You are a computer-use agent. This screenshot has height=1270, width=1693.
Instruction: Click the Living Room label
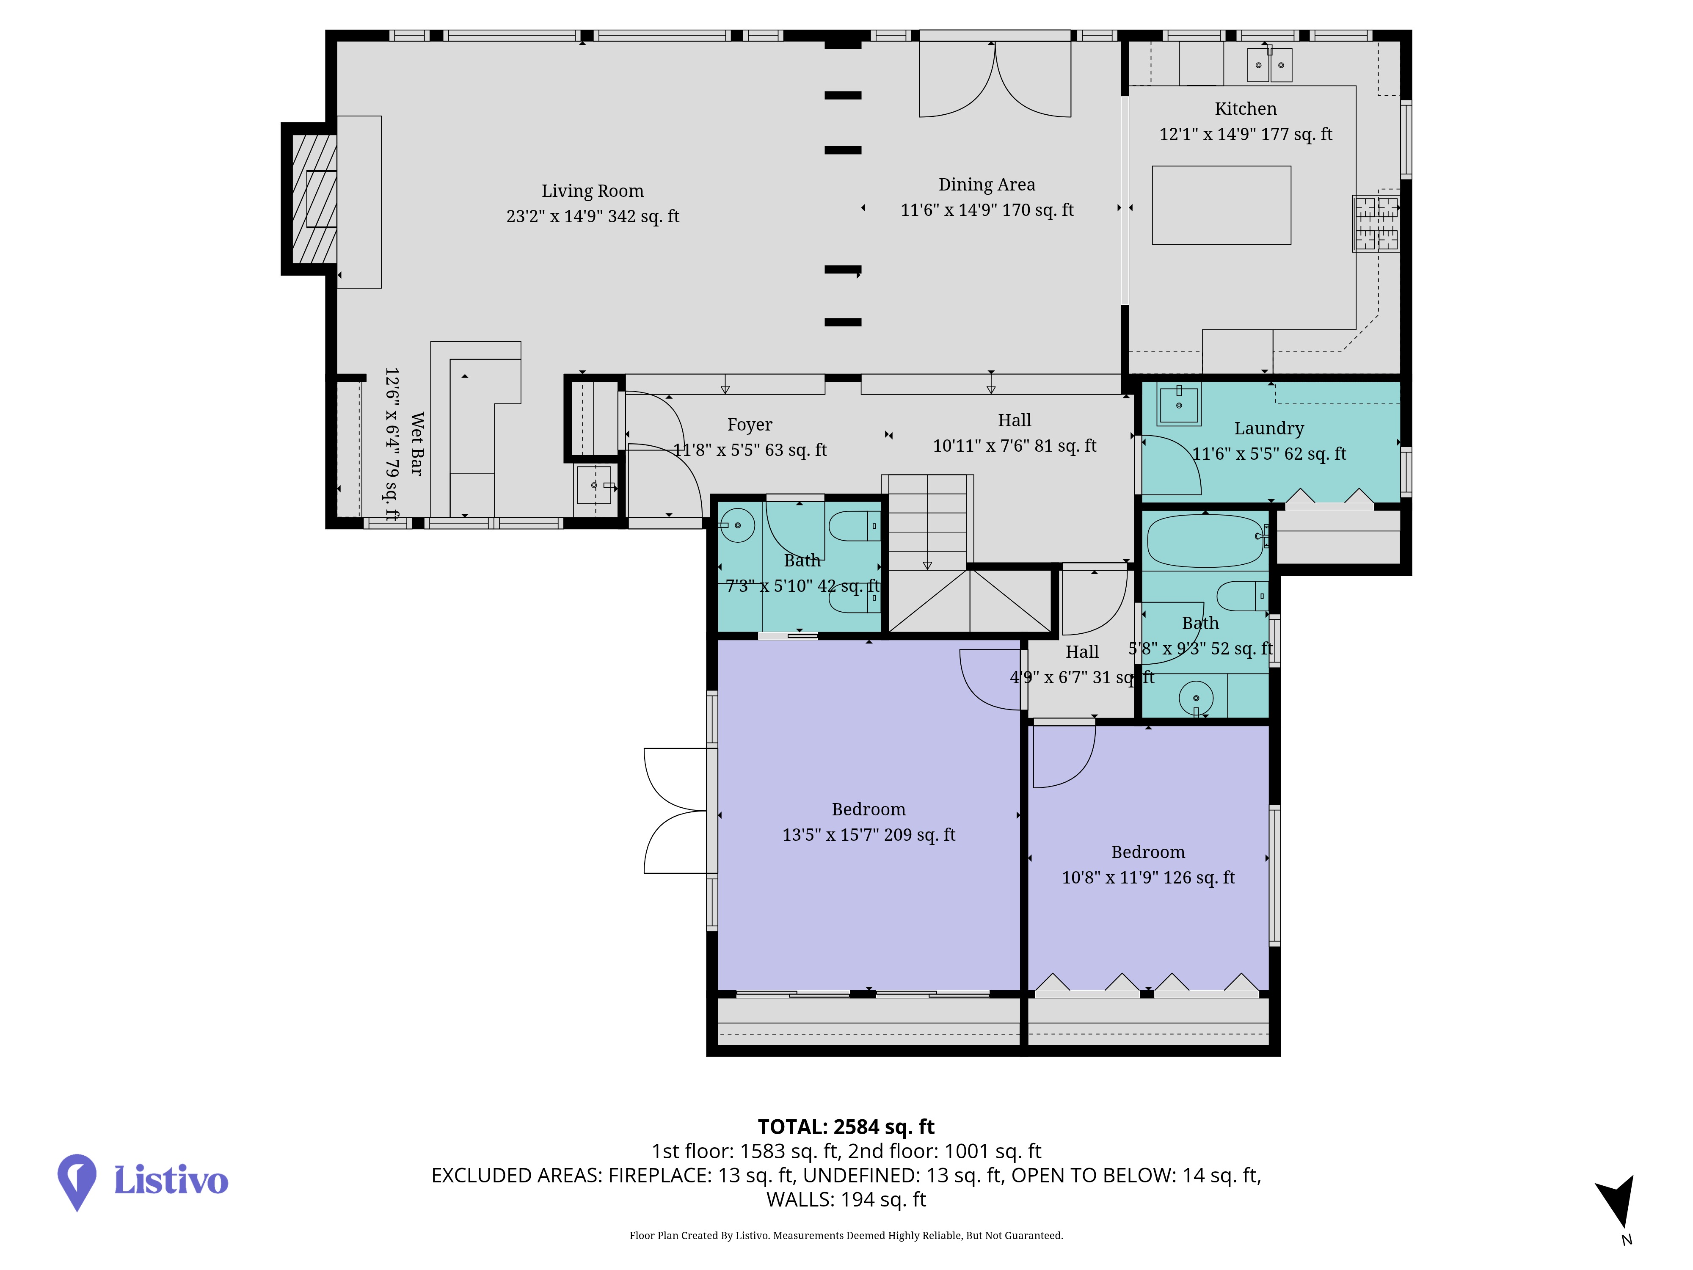pyautogui.click(x=593, y=190)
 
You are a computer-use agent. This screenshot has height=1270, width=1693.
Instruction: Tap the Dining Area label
pyautogui.click(x=987, y=185)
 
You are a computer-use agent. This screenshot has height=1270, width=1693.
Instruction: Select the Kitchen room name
pyautogui.click(x=1245, y=109)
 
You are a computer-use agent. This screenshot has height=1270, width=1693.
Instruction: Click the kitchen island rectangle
pyautogui.click(x=1221, y=205)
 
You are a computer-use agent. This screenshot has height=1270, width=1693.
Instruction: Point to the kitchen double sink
pyautogui.click(x=1270, y=64)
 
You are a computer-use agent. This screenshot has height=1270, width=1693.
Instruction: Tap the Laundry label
pyautogui.click(x=1269, y=429)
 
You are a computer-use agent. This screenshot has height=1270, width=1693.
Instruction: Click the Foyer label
pyautogui.click(x=749, y=425)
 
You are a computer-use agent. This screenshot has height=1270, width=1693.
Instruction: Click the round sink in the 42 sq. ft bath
pyautogui.click(x=737, y=525)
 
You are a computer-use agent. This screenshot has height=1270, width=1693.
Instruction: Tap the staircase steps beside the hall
pyautogui.click(x=927, y=522)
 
